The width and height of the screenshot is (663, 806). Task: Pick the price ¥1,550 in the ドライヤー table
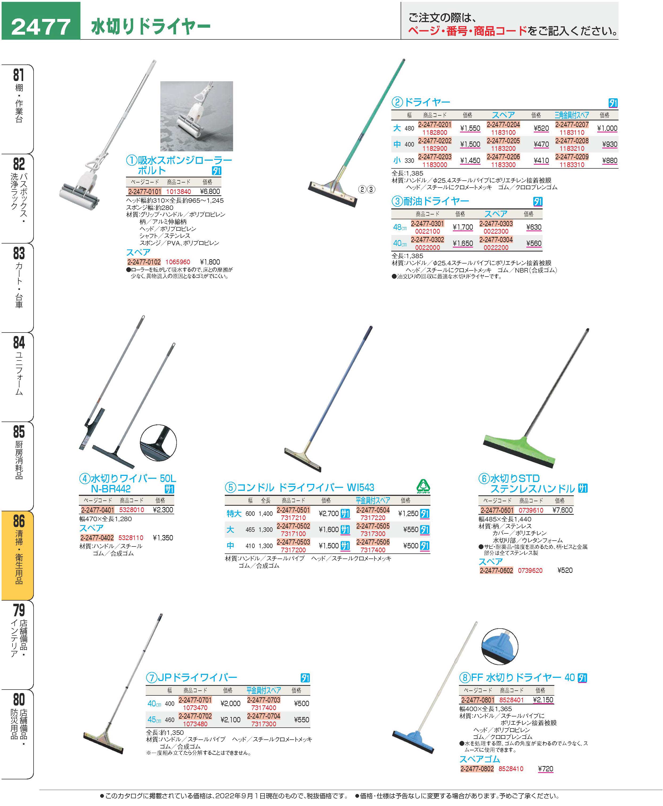[x=470, y=128]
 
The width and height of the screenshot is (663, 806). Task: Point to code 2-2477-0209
[x=572, y=157]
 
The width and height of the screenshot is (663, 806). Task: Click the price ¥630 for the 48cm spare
[x=534, y=227]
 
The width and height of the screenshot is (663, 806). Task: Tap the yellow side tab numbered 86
[x=18, y=555]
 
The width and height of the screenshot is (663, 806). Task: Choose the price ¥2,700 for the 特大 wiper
[x=329, y=513]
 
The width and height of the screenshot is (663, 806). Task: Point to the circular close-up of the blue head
[x=500, y=646]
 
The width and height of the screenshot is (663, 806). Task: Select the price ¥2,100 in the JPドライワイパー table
[x=230, y=720]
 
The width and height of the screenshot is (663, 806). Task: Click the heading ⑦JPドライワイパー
[x=192, y=677]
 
